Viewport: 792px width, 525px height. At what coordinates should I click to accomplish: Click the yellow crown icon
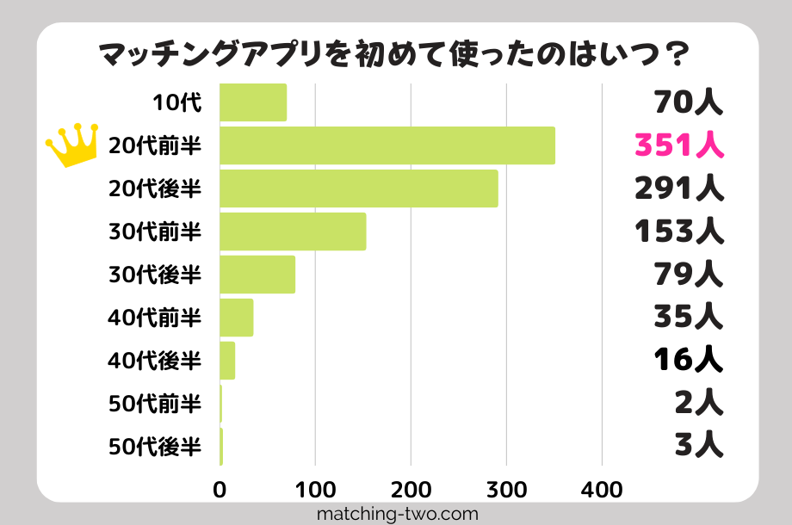click(72, 144)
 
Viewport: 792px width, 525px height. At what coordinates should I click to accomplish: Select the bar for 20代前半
click(387, 145)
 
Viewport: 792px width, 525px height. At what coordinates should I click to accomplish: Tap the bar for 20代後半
click(359, 188)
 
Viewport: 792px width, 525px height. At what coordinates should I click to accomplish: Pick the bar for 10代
click(253, 102)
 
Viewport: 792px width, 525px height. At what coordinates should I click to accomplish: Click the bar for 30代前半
click(293, 232)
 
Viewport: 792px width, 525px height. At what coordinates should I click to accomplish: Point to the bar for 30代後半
click(257, 275)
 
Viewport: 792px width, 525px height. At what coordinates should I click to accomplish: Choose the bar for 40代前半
click(237, 317)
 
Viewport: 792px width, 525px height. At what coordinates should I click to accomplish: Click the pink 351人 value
click(678, 145)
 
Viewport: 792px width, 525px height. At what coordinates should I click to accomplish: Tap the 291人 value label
click(678, 188)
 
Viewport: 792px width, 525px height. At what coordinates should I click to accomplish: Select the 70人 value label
click(688, 103)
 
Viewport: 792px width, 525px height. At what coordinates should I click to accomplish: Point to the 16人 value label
click(688, 360)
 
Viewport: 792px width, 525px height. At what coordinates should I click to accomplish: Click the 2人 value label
click(698, 403)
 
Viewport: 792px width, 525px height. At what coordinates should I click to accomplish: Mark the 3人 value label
click(698, 446)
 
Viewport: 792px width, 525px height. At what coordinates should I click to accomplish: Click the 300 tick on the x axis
click(506, 490)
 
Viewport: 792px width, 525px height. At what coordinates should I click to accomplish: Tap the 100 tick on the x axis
click(315, 490)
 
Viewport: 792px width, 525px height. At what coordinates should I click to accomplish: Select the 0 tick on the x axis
click(220, 490)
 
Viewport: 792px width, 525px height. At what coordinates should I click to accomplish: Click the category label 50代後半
click(155, 447)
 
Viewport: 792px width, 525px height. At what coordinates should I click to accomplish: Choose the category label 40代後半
click(155, 361)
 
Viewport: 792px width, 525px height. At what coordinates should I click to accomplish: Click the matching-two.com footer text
click(397, 514)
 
